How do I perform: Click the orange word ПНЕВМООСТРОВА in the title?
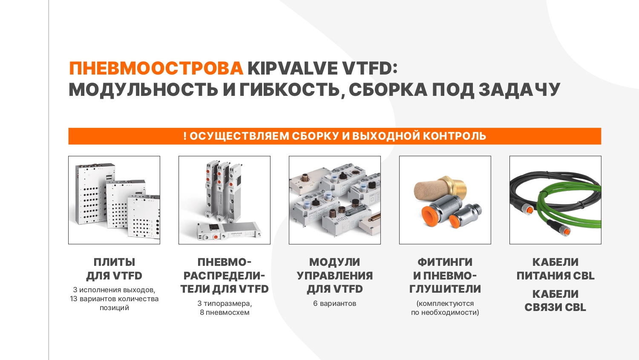(156, 69)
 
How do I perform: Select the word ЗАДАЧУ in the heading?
(519, 89)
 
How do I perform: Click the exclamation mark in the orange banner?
(185, 136)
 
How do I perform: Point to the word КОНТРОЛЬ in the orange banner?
(454, 136)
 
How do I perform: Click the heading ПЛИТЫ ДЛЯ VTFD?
(114, 269)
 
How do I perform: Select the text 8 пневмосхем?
(225, 312)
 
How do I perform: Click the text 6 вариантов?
(334, 303)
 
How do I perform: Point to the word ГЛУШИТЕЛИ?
(445, 289)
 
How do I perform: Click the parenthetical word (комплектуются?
(445, 304)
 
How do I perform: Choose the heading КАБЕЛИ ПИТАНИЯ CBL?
(556, 269)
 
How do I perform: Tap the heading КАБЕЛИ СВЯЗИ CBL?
(556, 301)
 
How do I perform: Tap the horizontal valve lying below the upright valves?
(229, 231)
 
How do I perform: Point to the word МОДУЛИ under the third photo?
(334, 262)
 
